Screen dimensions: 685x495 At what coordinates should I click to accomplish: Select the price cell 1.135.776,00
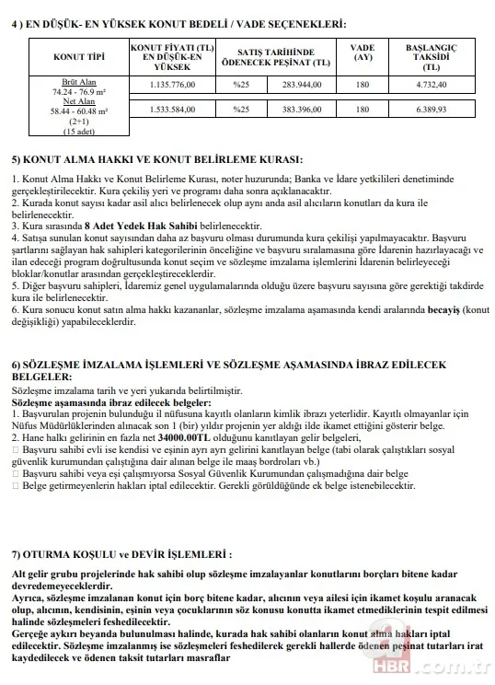pyautogui.click(x=180, y=86)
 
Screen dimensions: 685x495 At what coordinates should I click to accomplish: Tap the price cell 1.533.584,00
pyautogui.click(x=180, y=110)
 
